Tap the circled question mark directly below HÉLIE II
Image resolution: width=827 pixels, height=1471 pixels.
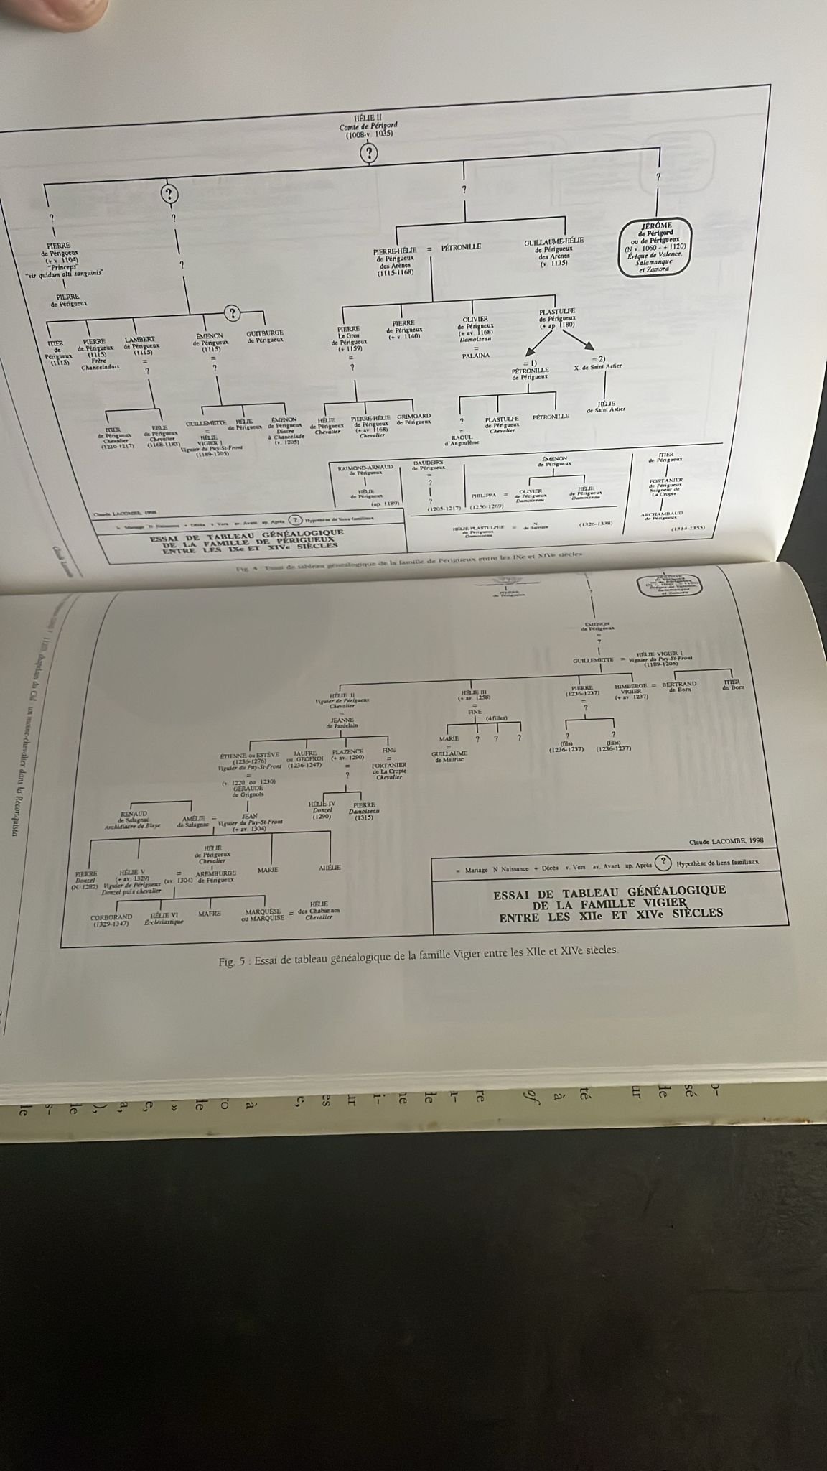tap(368, 153)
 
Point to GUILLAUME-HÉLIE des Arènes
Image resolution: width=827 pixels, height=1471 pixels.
tap(553, 251)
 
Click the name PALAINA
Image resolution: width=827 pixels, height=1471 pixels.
tap(475, 356)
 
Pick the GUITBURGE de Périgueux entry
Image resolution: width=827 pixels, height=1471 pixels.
tap(264, 336)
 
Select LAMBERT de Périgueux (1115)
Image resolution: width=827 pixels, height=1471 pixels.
tap(141, 345)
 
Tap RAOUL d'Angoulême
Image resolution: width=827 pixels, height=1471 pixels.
tap(461, 440)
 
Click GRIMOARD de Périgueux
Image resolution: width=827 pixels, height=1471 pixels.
tap(414, 419)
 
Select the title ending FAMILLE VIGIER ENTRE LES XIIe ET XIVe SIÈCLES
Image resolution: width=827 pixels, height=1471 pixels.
tap(609, 902)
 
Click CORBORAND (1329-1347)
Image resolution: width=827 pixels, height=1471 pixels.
tap(111, 920)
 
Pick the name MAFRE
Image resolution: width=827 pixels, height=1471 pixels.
tap(209, 914)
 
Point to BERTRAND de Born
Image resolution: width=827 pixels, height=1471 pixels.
tap(679, 687)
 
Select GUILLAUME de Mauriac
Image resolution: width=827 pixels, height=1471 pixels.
tap(449, 755)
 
